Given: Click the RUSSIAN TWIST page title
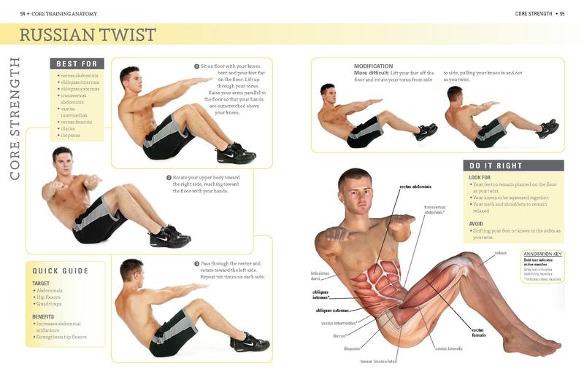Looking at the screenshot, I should click(88, 34).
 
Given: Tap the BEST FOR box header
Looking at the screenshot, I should click(77, 64).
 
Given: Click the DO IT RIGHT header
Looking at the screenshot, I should click(496, 165).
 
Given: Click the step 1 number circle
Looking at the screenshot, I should click(197, 66).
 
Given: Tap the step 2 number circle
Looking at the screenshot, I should click(169, 177).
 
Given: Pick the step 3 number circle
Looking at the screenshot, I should click(196, 263).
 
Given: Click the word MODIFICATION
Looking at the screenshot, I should click(373, 66).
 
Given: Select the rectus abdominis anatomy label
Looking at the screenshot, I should click(415, 187).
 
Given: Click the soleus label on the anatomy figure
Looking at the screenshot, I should click(500, 253).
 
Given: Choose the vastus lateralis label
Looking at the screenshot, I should click(449, 348).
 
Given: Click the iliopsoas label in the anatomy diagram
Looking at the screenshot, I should click(352, 348).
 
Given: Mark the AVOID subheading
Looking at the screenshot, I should click(476, 224).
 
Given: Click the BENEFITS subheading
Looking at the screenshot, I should click(45, 316).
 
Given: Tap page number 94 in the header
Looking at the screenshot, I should click(23, 13).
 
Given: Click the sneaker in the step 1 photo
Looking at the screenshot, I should click(235, 152).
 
